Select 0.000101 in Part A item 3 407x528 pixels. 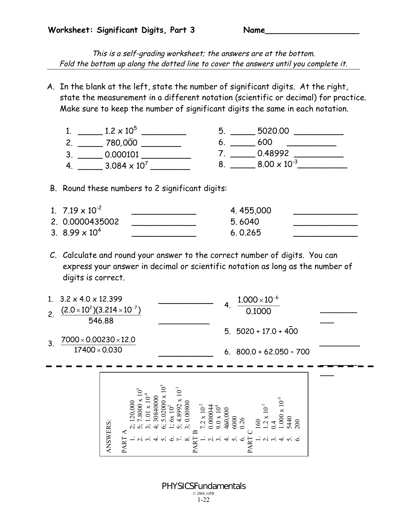[122, 155]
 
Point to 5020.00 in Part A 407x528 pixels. [273, 131]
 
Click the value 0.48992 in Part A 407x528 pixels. [273, 154]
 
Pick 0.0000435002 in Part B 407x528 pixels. [91, 222]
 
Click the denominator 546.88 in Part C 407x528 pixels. [101, 321]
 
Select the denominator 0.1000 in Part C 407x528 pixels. [258, 311]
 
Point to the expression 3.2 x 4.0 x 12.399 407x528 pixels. [91, 299]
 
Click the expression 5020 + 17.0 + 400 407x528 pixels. [267, 331]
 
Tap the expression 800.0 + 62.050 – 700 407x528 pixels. [273, 352]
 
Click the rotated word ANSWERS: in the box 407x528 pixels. [109, 436]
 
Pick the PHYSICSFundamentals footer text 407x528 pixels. [204, 486]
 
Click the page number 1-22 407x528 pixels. [203, 500]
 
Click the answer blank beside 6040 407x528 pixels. [325, 225]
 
